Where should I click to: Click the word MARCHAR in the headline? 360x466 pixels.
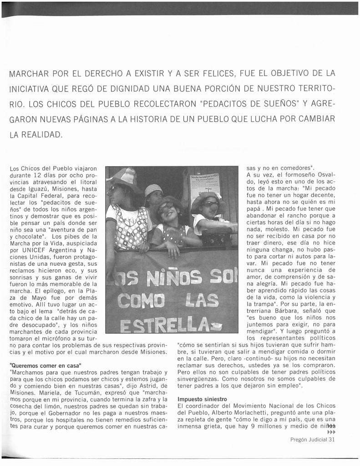pos(29,73)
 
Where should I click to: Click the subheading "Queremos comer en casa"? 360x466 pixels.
pos(45,365)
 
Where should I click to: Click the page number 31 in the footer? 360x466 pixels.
pos(331,440)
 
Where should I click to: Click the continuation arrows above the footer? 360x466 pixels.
pos(331,431)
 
